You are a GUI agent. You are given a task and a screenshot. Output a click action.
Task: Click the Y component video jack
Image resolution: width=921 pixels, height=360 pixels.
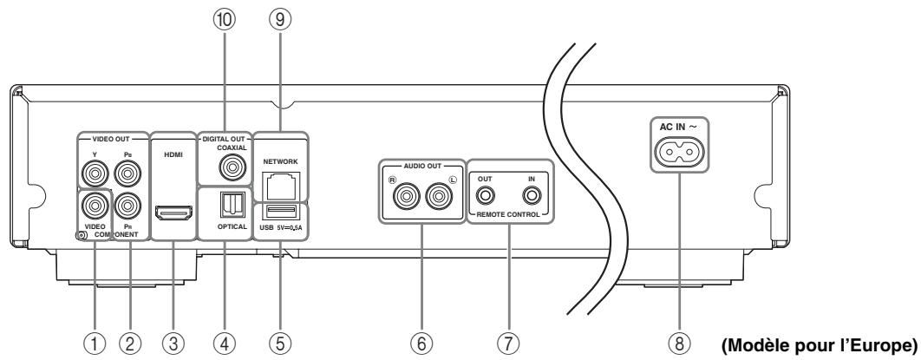point(93,177)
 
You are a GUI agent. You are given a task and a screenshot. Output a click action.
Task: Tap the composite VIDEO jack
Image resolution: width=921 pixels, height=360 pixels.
point(93,206)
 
